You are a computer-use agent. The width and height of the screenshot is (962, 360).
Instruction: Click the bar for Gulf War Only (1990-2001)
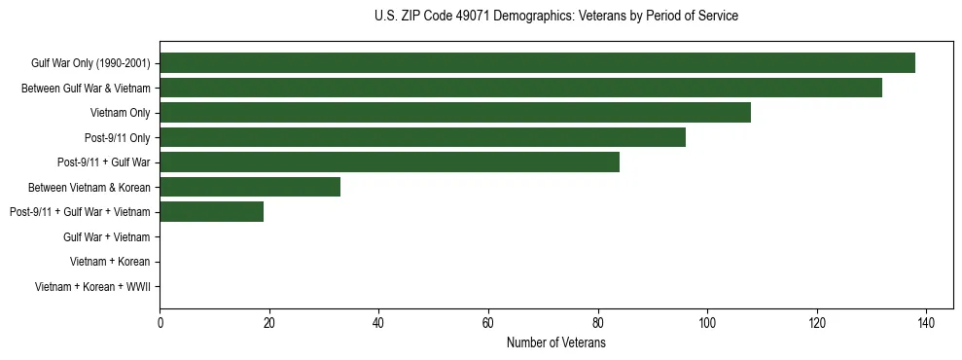pos(537,63)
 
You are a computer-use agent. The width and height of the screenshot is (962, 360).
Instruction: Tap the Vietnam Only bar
pos(455,113)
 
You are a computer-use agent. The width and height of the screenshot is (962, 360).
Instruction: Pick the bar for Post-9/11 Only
pos(422,137)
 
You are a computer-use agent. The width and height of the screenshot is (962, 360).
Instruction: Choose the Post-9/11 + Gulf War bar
pos(389,162)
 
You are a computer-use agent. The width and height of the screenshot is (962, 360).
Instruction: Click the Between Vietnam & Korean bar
pos(250,187)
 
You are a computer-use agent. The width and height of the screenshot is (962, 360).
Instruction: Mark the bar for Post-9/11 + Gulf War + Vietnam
pos(212,212)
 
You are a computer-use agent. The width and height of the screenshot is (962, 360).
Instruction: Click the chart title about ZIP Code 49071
pos(555,17)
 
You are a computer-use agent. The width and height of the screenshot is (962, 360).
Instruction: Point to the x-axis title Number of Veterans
pos(555,342)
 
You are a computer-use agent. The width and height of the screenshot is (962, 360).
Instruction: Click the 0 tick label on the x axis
pos(160,323)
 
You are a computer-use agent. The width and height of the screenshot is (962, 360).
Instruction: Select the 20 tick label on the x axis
pos(269,323)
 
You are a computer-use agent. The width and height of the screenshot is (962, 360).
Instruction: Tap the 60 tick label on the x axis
pos(488,323)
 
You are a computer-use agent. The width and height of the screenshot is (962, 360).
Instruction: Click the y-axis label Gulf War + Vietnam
pos(106,236)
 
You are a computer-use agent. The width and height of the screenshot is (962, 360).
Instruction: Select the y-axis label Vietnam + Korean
pos(110,262)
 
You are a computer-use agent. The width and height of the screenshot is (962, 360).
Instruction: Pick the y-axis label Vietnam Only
pos(120,113)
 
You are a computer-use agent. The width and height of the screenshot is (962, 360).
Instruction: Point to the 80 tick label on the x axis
pos(598,323)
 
